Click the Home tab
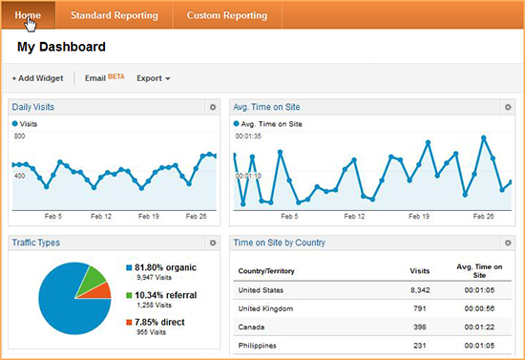(x=28, y=15)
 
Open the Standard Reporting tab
(x=115, y=15)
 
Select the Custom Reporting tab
(x=227, y=15)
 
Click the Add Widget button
(x=37, y=78)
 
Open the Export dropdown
(x=153, y=78)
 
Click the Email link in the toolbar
(x=95, y=78)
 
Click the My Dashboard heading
(x=61, y=46)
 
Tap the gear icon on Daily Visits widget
(x=213, y=107)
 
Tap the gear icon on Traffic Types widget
(x=213, y=244)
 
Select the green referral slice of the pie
(x=92, y=278)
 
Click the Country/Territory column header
(x=271, y=270)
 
